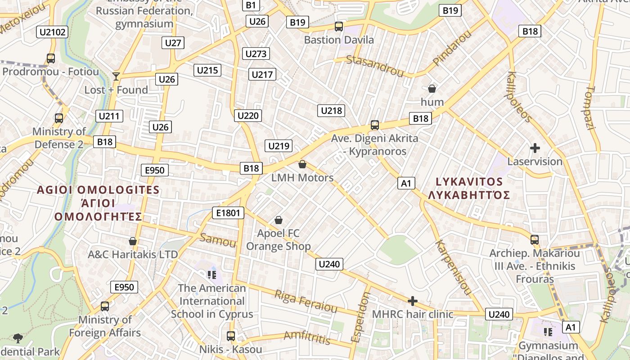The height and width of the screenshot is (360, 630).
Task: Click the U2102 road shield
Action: click(x=53, y=32)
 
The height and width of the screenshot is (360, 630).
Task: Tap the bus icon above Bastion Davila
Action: click(x=339, y=27)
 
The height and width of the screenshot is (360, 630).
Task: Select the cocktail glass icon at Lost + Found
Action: click(x=116, y=76)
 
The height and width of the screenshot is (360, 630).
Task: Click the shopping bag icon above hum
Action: click(x=432, y=89)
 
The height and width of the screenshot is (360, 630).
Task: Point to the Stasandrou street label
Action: click(x=374, y=66)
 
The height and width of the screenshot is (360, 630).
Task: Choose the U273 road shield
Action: click(x=256, y=54)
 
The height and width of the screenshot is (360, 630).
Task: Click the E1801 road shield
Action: click(x=228, y=213)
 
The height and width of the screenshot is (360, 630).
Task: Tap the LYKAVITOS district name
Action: click(x=469, y=182)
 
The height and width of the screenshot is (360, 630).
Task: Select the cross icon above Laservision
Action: click(x=535, y=148)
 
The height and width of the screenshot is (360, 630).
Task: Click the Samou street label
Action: click(x=218, y=240)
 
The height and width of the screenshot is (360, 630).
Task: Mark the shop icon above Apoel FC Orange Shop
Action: click(x=279, y=220)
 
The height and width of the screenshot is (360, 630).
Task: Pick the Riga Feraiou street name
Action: click(x=306, y=301)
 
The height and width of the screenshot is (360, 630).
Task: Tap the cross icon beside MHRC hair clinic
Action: click(x=412, y=301)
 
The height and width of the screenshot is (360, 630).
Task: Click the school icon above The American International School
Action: click(x=211, y=274)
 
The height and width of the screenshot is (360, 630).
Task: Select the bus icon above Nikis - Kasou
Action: click(x=231, y=336)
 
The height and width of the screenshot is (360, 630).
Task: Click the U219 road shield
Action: click(x=279, y=146)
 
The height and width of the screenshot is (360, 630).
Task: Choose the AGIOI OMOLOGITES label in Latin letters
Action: click(x=98, y=190)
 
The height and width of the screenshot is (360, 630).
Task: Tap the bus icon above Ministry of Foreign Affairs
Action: click(x=105, y=306)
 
